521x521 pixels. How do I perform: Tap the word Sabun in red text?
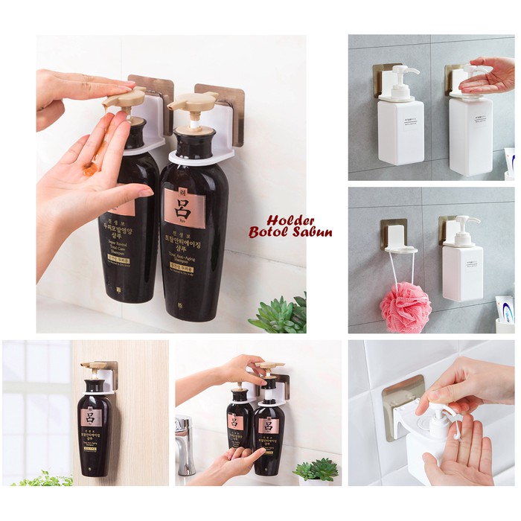(x=313, y=232)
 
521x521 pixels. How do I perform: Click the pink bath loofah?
(x=406, y=307)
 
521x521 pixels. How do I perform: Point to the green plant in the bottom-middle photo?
(x=316, y=468)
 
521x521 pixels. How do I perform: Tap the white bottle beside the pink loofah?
(x=462, y=272)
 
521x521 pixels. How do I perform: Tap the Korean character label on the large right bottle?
(x=184, y=208)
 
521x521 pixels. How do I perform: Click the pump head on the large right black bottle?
(x=192, y=103)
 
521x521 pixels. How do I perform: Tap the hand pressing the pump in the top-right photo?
(x=488, y=75)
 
